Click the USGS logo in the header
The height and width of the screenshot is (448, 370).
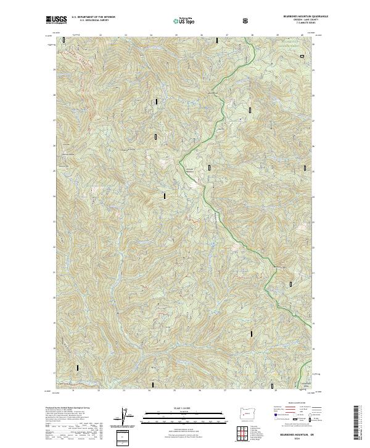56,20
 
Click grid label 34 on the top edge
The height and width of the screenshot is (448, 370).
150,35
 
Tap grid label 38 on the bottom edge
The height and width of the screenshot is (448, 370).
251,390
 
